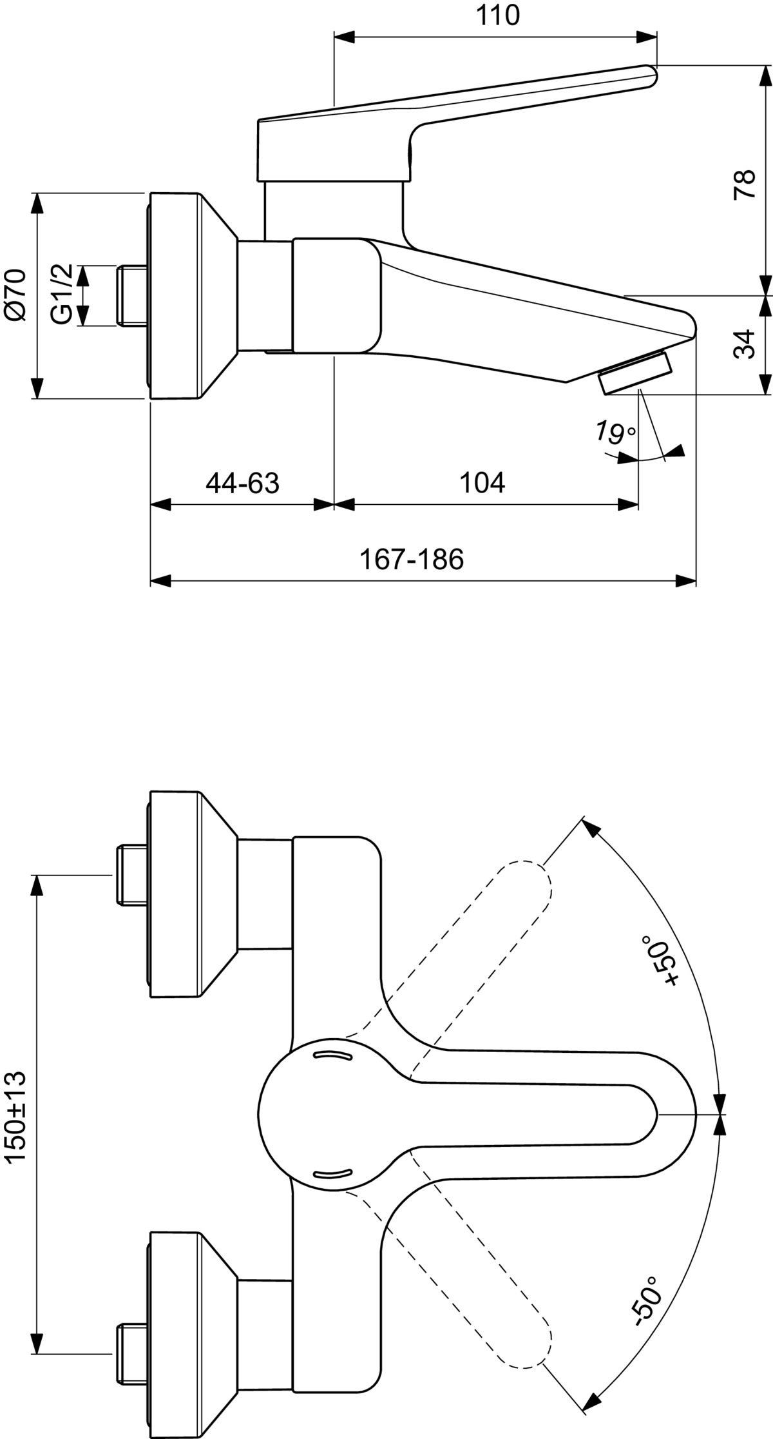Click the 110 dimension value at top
(x=498, y=15)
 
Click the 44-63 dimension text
(x=243, y=483)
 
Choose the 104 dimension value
(x=482, y=483)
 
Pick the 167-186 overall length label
(x=412, y=560)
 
